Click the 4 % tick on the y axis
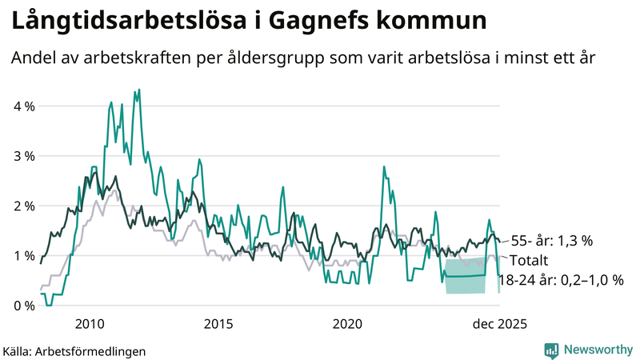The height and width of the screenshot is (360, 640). tap(23, 106)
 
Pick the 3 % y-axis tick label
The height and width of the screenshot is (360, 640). tap(23, 155)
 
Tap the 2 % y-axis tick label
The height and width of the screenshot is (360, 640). tap(23, 206)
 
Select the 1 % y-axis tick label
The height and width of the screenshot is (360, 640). tap(23, 255)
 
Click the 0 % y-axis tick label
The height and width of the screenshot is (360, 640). tap(23, 306)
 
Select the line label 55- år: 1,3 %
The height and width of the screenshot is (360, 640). tap(551, 240)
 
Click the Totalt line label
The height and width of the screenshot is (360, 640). tap(531, 261)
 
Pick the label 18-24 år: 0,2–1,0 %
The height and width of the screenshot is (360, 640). tap(560, 279)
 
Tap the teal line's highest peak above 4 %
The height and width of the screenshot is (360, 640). tap(139, 90)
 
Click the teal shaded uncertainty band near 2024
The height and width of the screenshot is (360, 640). tap(465, 276)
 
